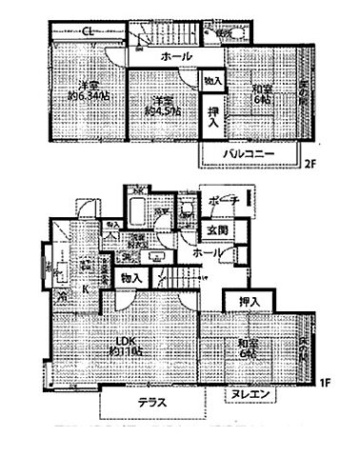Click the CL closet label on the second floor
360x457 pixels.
(x=87, y=32)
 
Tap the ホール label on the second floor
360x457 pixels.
(x=175, y=58)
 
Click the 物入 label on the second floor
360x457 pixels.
(x=212, y=83)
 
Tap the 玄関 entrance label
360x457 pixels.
(x=216, y=229)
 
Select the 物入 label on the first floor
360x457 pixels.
(x=133, y=277)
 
